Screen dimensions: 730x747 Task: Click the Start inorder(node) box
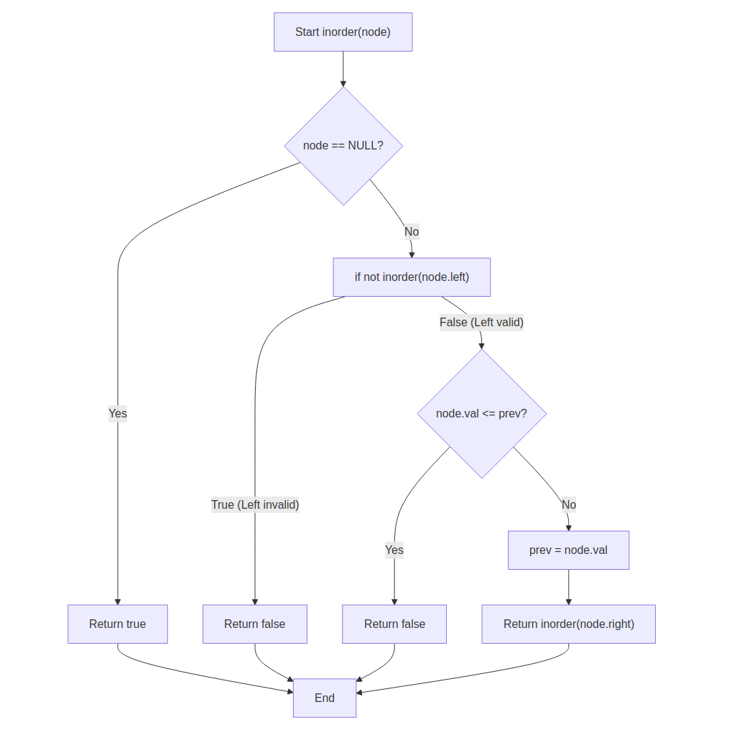pyautogui.click(x=343, y=32)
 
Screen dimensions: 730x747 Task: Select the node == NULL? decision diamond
pyautogui.click(x=343, y=146)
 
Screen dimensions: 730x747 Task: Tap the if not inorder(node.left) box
pyautogui.click(x=412, y=277)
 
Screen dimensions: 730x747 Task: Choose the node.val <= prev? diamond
pyautogui.click(x=481, y=414)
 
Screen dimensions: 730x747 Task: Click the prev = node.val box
pyautogui.click(x=568, y=550)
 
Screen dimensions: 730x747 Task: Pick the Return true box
pyautogui.click(x=117, y=624)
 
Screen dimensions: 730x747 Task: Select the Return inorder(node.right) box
pyautogui.click(x=568, y=624)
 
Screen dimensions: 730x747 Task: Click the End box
pyautogui.click(x=324, y=698)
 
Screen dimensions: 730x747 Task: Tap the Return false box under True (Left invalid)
pyautogui.click(x=254, y=624)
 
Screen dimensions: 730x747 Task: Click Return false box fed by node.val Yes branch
pyautogui.click(x=394, y=624)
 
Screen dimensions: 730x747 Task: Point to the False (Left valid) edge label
pyautogui.click(x=481, y=323)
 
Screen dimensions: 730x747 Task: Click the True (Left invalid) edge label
pyautogui.click(x=255, y=504)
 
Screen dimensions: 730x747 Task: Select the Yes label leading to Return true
pyautogui.click(x=118, y=413)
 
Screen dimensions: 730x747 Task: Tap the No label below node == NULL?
pyautogui.click(x=412, y=231)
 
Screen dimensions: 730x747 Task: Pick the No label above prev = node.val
pyautogui.click(x=569, y=504)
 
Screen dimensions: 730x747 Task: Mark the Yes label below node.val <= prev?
pyautogui.click(x=394, y=550)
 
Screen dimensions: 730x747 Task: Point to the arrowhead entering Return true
pyautogui.click(x=117, y=601)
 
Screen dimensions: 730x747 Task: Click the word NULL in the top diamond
pyautogui.click(x=362, y=146)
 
